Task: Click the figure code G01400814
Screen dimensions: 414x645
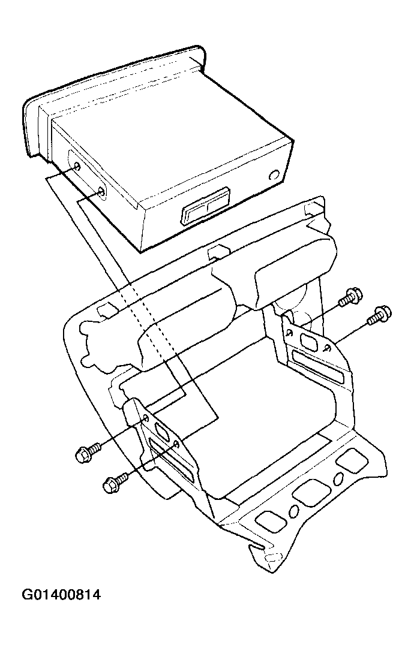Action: pyautogui.click(x=61, y=595)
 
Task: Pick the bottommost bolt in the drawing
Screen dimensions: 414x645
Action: pyautogui.click(x=115, y=482)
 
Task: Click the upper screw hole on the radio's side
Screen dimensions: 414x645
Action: pyautogui.click(x=78, y=166)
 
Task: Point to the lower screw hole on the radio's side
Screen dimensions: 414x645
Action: pyautogui.click(x=101, y=191)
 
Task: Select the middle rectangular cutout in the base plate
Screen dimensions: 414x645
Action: pyautogui.click(x=311, y=492)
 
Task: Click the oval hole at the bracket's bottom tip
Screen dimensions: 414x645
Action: pyautogui.click(x=272, y=559)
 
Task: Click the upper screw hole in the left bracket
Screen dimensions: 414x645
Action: pyautogui.click(x=146, y=419)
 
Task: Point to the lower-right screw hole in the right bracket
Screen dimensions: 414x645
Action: pyautogui.click(x=327, y=349)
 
